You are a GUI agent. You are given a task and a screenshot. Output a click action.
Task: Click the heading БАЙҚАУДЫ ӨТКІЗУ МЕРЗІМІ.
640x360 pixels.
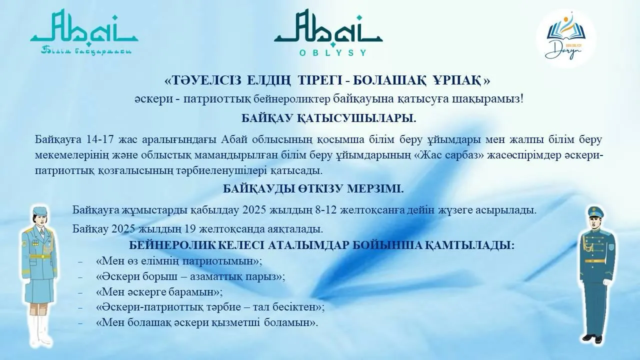(x=313, y=189)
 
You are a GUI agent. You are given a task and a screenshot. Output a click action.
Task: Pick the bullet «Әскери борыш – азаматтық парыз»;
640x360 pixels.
(x=190, y=276)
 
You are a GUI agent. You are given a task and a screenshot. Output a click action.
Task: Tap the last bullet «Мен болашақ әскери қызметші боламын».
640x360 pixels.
(x=206, y=322)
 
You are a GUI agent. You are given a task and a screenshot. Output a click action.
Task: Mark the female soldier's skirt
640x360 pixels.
(x=39, y=289)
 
